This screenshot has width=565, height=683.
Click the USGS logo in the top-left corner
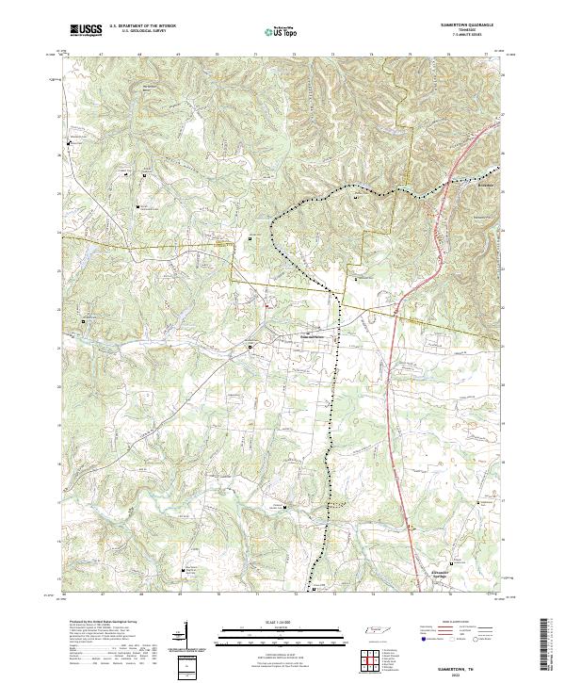(x=85, y=31)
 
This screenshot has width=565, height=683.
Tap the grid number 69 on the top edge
(x=178, y=56)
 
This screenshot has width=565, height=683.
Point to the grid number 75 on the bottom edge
(x=411, y=594)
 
